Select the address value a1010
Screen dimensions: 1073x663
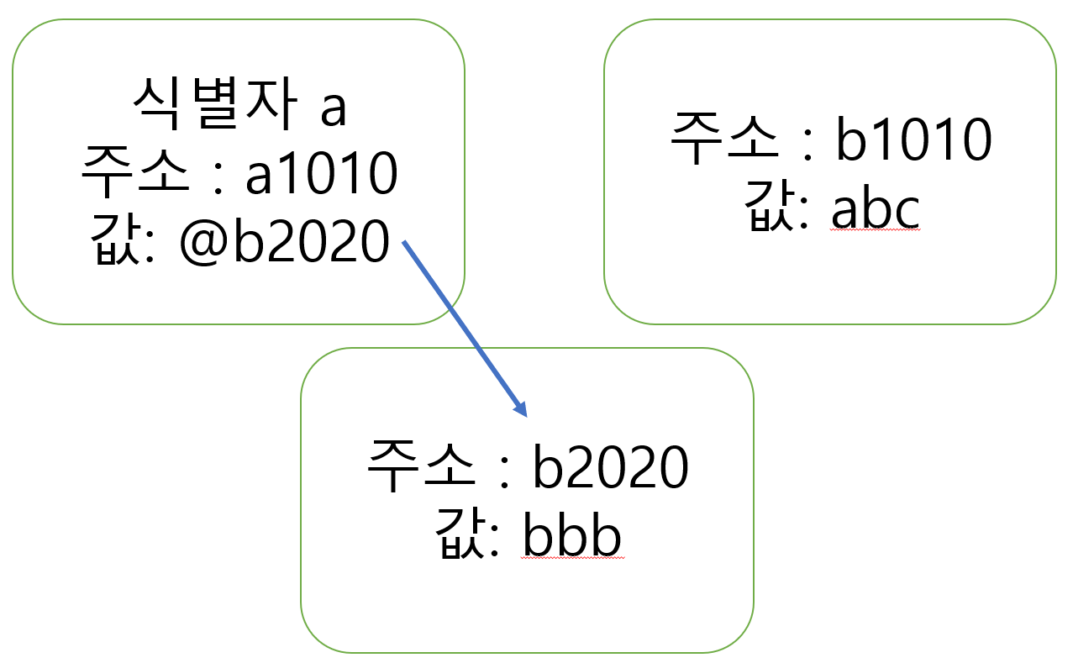click(x=321, y=175)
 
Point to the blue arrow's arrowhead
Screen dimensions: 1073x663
click(x=522, y=410)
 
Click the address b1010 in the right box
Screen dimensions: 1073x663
click(x=913, y=141)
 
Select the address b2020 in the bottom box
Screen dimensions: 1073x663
click(x=611, y=469)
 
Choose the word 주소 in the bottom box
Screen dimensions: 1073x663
click(x=421, y=469)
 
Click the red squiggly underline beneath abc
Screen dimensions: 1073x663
click(x=876, y=234)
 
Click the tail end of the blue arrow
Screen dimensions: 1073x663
click(x=405, y=243)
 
